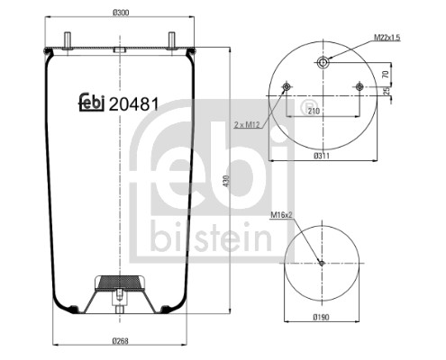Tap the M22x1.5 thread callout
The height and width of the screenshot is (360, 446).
(388, 36)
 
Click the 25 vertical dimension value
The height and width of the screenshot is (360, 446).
(386, 92)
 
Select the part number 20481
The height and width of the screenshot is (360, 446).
(133, 103)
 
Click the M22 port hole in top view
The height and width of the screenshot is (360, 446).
(323, 62)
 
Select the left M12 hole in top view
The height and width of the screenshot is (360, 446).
(286, 87)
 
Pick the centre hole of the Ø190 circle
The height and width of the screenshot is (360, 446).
(322, 263)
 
